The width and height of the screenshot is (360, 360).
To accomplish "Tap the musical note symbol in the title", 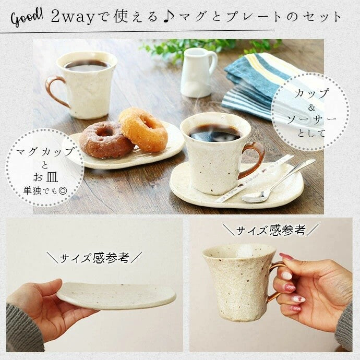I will tap(166, 16).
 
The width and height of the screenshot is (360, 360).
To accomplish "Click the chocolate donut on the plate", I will tap(106, 140).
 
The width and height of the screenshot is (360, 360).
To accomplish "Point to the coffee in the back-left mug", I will tap(86, 65).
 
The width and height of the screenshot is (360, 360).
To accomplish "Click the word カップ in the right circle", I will tap(312, 94).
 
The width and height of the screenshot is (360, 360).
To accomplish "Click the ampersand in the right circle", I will tap(312, 107).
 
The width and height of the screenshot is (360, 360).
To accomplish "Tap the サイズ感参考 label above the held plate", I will tap(94, 257).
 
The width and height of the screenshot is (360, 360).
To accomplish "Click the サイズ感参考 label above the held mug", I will tap(270, 230).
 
